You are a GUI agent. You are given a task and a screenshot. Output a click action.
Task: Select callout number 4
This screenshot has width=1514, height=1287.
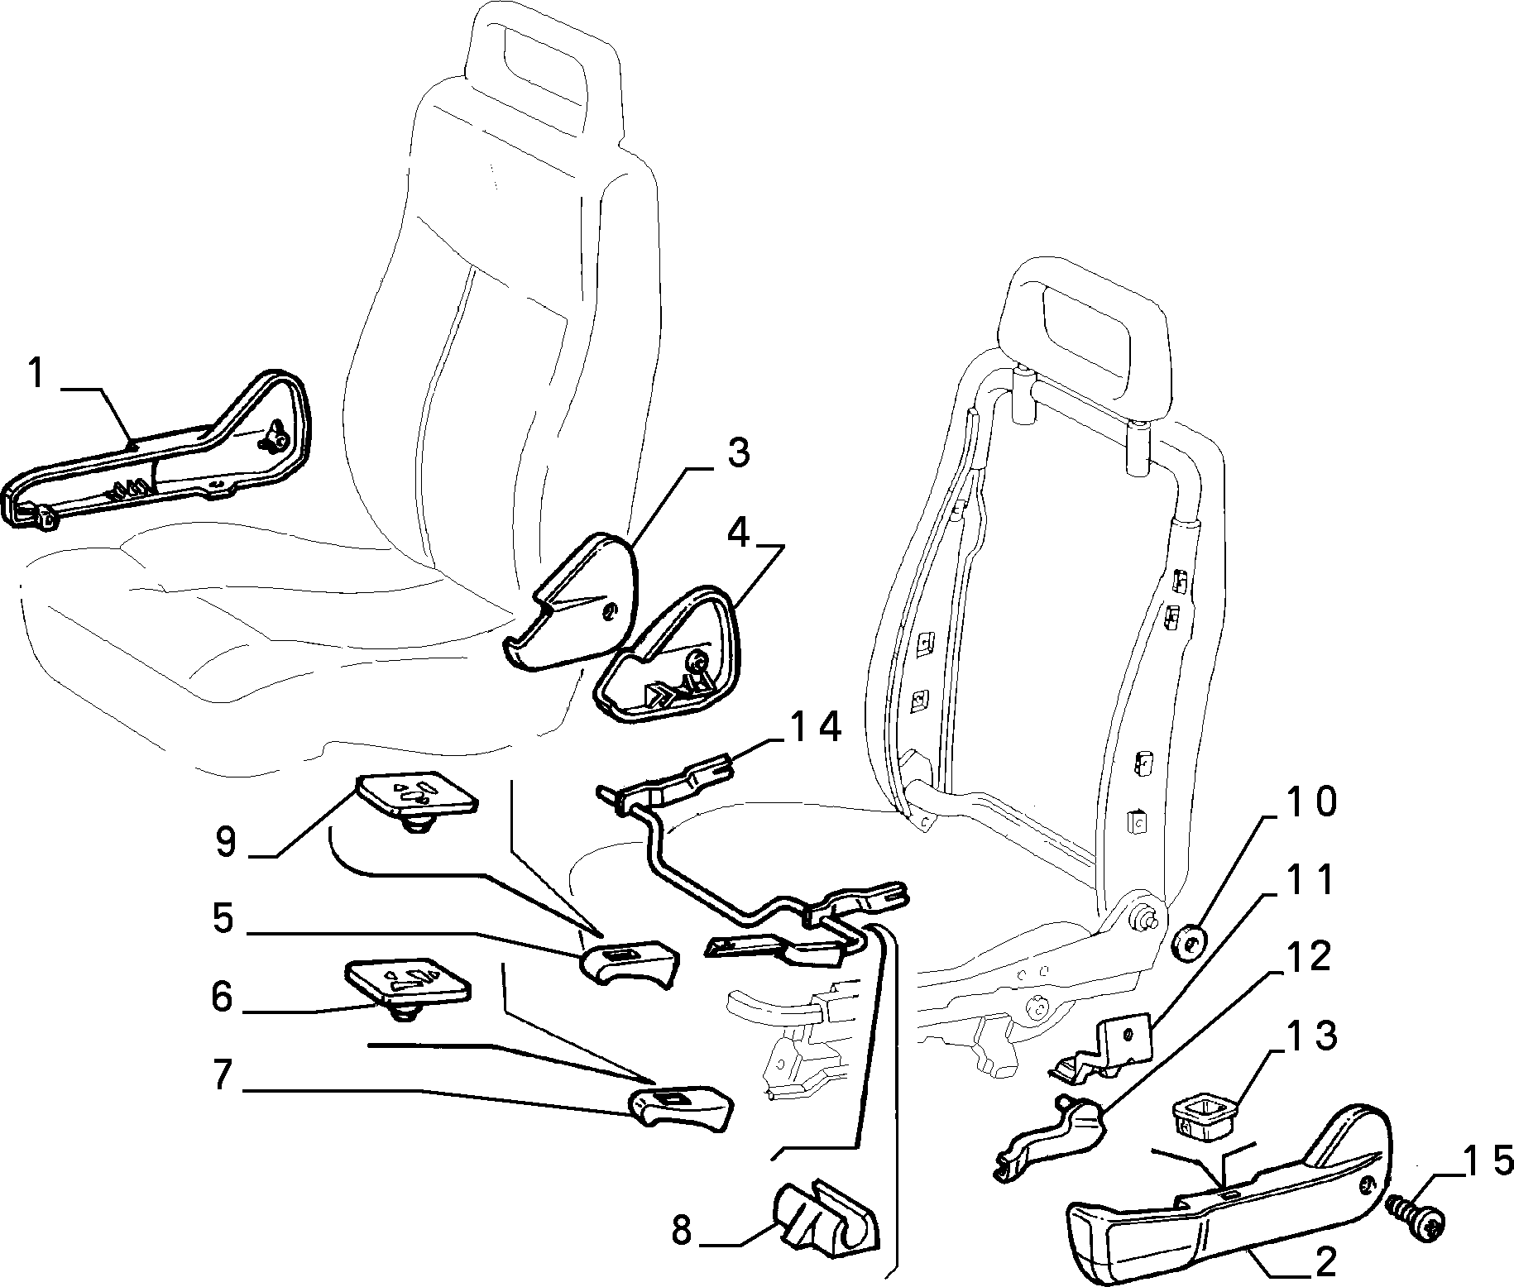(738, 535)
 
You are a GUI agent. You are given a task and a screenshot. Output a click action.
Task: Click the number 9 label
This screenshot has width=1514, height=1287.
(225, 841)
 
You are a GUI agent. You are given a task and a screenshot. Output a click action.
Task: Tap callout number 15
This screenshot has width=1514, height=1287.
(1476, 1160)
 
